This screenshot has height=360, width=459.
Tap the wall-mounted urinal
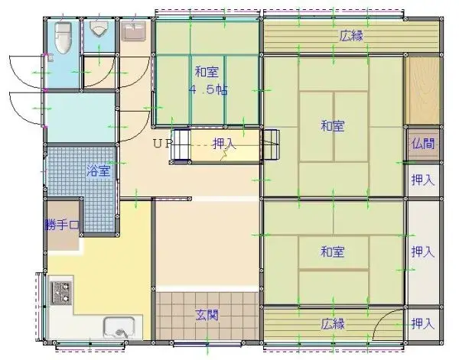[x=99, y=31]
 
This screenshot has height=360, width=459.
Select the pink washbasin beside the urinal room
[x=135, y=31]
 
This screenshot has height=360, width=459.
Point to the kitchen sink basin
[x=118, y=329]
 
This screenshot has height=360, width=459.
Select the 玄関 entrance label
[x=207, y=314]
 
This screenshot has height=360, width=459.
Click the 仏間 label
[x=422, y=143]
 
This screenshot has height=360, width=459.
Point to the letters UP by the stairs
[x=162, y=143]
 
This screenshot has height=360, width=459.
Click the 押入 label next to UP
[x=223, y=143]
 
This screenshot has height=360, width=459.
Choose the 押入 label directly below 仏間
[x=422, y=180]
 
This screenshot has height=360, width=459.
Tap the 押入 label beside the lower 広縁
[x=422, y=323]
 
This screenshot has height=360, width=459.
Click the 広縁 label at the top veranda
[x=351, y=34]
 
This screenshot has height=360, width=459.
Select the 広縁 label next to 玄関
[x=332, y=323]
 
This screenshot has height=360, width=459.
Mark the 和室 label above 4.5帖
[x=207, y=73]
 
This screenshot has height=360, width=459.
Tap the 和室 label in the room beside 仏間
[x=331, y=125]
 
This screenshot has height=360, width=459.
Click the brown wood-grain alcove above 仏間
[x=422, y=91]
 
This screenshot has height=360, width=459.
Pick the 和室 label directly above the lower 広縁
[x=331, y=251]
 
